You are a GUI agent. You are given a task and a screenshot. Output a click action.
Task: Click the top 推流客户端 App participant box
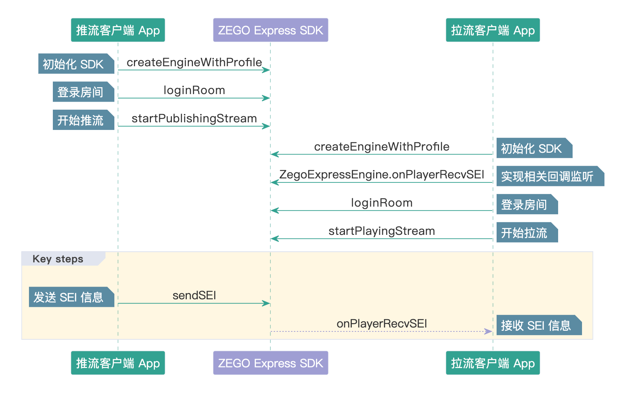[118, 30]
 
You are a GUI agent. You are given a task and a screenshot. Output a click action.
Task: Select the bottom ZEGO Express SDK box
[270, 363]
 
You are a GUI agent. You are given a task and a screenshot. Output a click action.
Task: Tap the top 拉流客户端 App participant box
[493, 30]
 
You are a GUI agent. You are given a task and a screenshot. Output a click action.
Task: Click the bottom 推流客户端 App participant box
[118, 363]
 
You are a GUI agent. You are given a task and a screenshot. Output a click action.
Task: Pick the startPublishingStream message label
[194, 119]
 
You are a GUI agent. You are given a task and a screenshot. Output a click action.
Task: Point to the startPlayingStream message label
[381, 231]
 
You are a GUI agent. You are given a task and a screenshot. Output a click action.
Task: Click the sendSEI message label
[194, 295]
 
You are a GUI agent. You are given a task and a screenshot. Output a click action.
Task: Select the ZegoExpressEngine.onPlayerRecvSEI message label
[381, 175]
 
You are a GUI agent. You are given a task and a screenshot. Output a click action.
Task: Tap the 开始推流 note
[84, 120]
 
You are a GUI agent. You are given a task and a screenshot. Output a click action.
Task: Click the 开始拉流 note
[527, 232]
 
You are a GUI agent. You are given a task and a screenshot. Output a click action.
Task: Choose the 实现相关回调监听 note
[550, 176]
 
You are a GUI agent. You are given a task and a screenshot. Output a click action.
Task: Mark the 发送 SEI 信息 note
[72, 297]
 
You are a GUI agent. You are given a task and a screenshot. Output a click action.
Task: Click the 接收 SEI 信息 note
[539, 325]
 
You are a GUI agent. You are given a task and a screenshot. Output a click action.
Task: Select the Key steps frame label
[58, 259]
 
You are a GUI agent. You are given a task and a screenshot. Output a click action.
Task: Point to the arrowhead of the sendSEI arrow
[266, 303]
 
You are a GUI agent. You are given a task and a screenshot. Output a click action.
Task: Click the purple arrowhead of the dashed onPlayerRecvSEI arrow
[489, 331]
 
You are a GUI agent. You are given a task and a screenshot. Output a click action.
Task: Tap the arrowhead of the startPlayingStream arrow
[275, 238]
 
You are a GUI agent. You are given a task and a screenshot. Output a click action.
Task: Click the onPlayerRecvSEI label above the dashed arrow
[381, 324]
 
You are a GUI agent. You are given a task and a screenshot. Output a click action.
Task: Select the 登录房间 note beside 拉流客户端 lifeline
[527, 204]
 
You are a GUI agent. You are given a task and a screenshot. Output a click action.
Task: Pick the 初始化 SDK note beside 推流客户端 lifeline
[76, 64]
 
